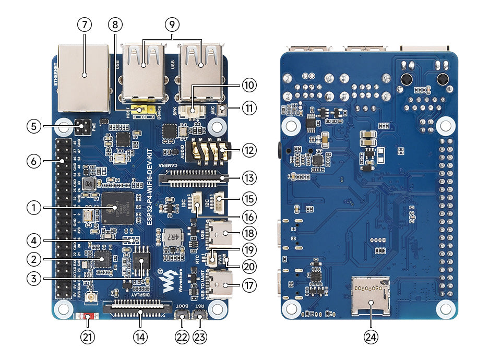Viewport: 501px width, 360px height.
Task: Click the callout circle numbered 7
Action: [x=84, y=24]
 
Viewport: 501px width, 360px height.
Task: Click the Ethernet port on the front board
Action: [x=83, y=78]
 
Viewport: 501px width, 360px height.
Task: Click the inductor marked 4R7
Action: [x=171, y=238]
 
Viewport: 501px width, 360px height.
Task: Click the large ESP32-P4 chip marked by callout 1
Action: [x=118, y=208]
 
